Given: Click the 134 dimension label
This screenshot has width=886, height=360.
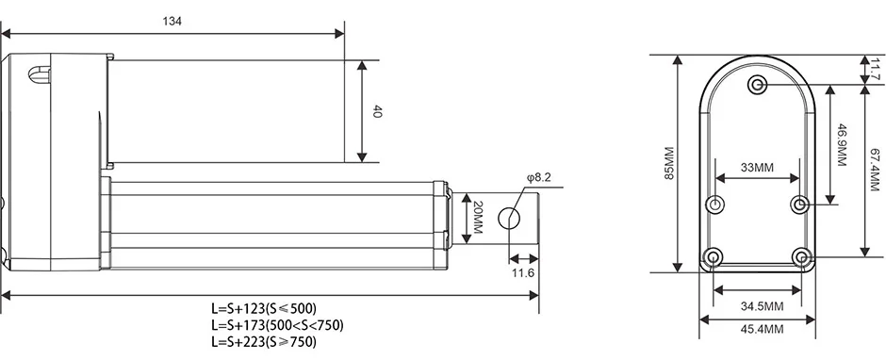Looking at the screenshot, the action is pyautogui.click(x=172, y=22).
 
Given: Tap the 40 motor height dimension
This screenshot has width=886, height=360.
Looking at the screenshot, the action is pyautogui.click(x=377, y=111).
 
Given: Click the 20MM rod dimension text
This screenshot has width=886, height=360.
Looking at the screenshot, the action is pyautogui.click(x=476, y=218).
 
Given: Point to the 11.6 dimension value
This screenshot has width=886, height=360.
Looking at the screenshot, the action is pyautogui.click(x=523, y=273).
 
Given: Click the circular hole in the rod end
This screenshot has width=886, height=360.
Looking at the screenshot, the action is pyautogui.click(x=509, y=218).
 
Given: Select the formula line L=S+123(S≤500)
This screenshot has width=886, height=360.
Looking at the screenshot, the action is pyautogui.click(x=264, y=308).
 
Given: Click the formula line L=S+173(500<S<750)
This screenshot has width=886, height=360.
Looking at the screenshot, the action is pyautogui.click(x=277, y=325).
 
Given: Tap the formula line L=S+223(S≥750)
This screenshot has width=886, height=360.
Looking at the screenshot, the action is pyautogui.click(x=264, y=341).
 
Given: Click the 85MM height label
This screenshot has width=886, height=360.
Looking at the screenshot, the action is pyautogui.click(x=669, y=163).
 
